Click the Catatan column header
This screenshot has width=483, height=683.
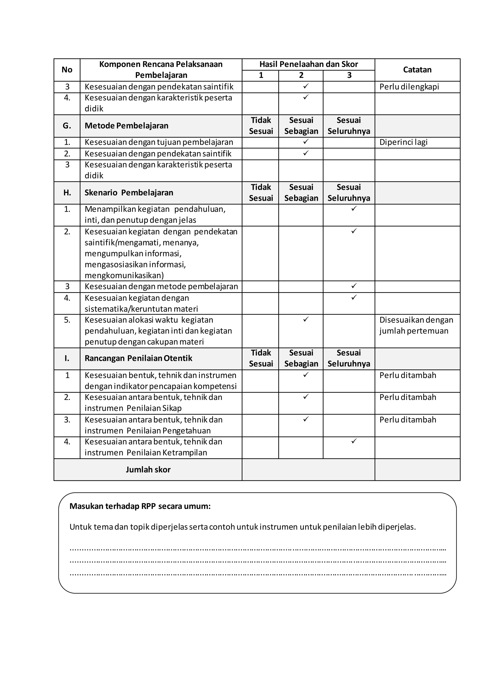tap(417, 70)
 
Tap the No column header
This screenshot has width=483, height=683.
tap(67, 70)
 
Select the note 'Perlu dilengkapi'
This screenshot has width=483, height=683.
tap(409, 87)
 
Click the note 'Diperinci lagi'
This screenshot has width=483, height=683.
tap(403, 142)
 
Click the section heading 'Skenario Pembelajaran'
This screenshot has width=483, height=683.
tap(129, 193)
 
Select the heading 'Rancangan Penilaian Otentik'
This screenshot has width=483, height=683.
tap(138, 358)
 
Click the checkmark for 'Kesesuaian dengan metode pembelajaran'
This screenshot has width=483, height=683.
tap(354, 286)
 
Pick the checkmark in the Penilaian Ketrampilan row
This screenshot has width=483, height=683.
tap(354, 441)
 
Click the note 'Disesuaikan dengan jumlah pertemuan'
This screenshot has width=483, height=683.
tap(416, 325)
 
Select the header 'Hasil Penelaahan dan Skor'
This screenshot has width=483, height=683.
tap(308, 64)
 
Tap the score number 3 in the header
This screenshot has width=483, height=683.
tap(349, 75)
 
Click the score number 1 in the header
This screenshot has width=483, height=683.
tap(261, 75)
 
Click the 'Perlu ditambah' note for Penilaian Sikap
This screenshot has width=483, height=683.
tap(408, 397)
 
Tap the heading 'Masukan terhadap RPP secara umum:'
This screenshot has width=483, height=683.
tap(140, 506)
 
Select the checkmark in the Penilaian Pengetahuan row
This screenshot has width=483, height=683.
tap(306, 419)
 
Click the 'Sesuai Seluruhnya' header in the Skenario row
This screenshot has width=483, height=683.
tap(349, 193)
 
